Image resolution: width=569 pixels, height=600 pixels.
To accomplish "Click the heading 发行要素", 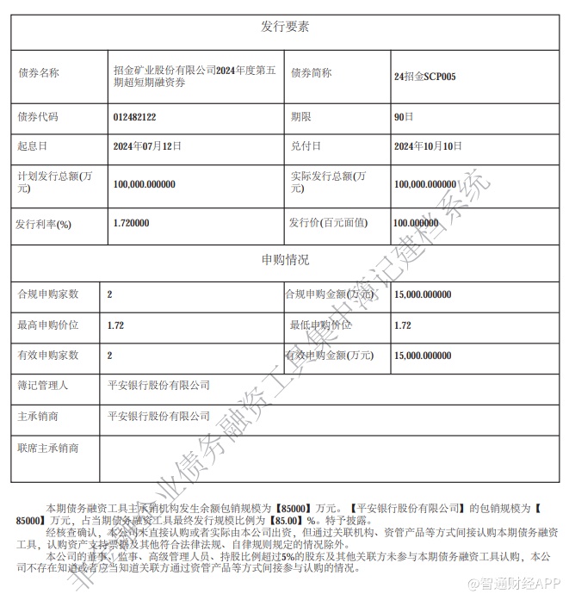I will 285,26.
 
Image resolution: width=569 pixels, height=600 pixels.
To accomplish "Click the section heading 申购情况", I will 285,259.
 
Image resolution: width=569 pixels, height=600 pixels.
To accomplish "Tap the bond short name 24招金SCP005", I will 424,77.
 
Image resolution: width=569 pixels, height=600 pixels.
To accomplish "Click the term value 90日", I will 403,115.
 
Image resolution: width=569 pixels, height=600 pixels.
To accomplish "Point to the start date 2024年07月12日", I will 148,146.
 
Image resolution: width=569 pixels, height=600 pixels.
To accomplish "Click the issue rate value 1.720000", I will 131,222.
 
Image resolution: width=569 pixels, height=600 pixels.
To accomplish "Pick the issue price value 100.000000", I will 422,222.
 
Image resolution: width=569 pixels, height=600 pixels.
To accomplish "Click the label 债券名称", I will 39,73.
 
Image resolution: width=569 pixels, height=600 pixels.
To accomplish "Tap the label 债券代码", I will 39,115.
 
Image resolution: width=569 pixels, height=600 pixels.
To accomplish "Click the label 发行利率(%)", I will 43,223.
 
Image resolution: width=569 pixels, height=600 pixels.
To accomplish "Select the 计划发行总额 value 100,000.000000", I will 145,183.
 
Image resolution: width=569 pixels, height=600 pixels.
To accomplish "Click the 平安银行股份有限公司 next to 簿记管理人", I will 158,385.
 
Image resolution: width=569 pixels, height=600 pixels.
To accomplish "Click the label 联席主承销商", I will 48,448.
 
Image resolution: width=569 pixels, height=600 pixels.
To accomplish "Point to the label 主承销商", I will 38,416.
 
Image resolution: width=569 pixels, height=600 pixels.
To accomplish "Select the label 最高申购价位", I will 48,325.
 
